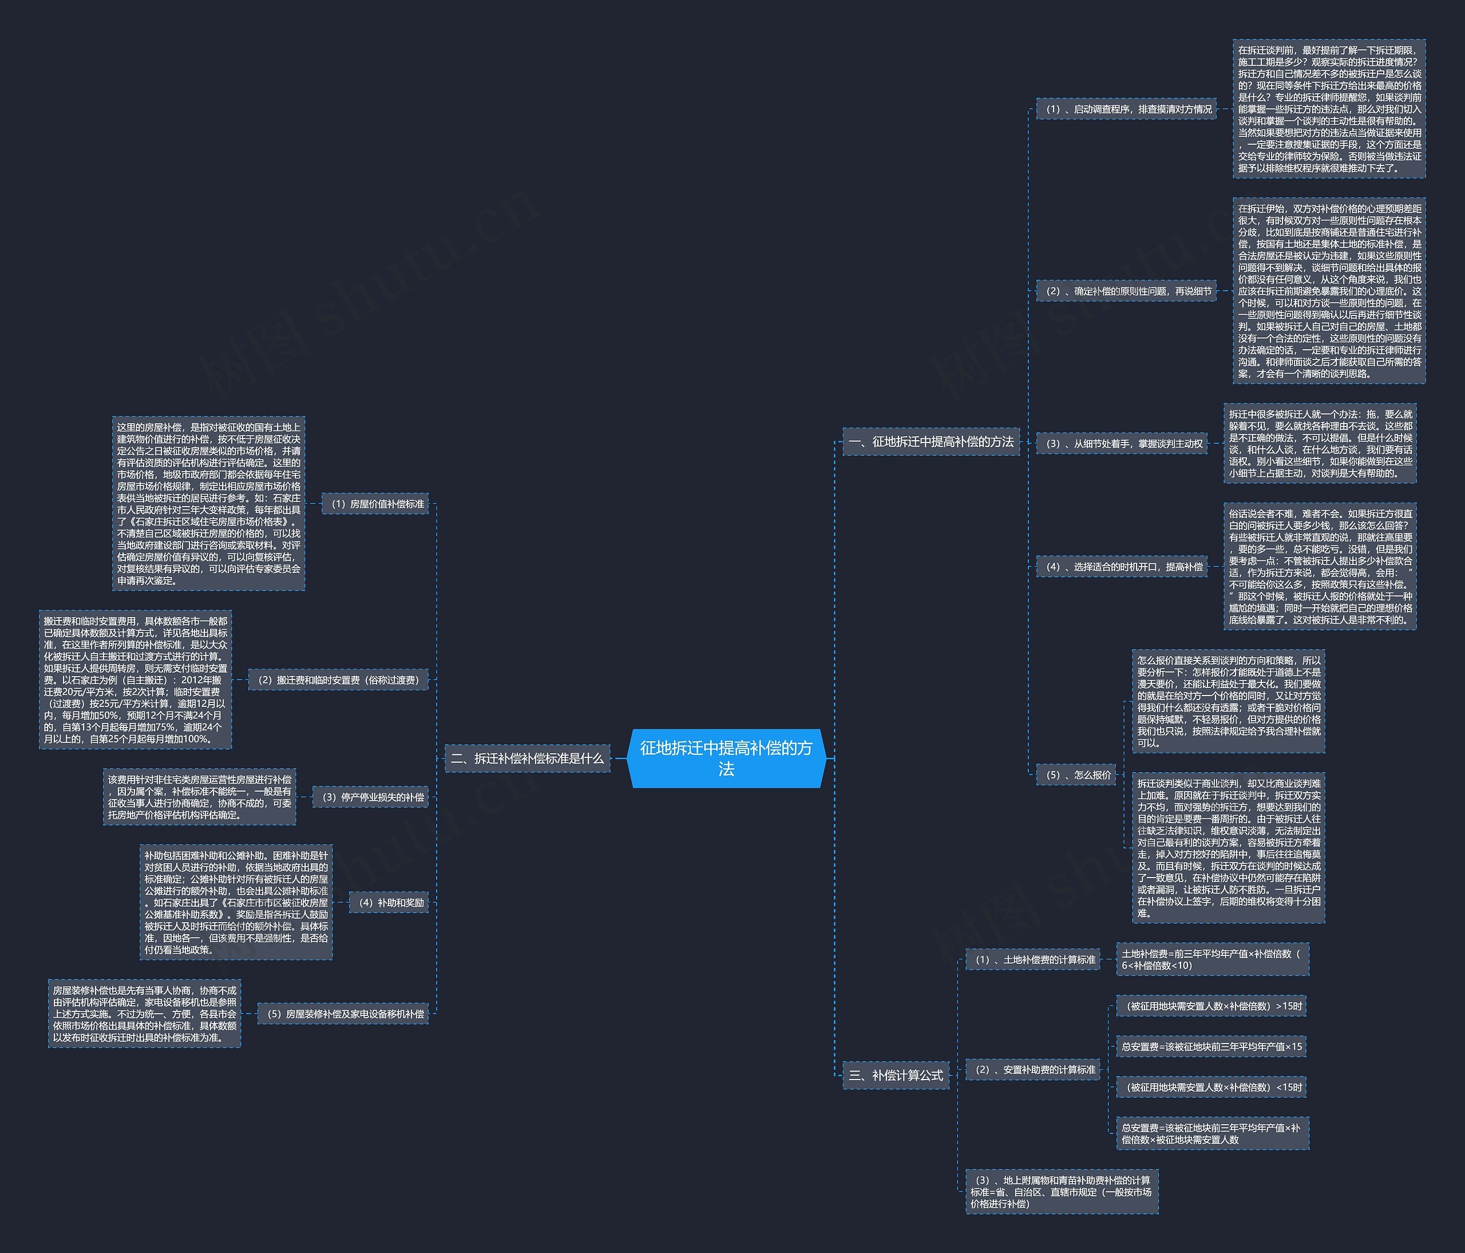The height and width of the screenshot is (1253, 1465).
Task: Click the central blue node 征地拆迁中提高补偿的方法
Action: [726, 758]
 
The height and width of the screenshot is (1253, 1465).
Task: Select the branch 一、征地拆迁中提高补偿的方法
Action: [931, 441]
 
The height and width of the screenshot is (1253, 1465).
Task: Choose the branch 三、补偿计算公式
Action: [895, 1075]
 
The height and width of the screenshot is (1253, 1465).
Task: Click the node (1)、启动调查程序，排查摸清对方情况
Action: [1126, 109]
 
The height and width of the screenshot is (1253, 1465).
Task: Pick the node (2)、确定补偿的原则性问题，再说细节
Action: [1126, 291]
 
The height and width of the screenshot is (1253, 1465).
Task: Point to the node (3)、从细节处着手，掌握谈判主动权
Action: [1122, 444]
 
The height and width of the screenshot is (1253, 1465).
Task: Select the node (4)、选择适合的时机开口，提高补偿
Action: [1122, 566]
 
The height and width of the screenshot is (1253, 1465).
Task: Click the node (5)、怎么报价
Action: [1075, 774]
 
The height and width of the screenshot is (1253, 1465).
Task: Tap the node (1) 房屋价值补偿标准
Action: [375, 504]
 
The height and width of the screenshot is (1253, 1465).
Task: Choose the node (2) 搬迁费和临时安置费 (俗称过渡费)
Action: [338, 679]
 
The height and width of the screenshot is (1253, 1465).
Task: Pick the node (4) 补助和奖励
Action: [389, 902]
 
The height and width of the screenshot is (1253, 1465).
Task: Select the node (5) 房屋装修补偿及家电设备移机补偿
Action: [343, 1013]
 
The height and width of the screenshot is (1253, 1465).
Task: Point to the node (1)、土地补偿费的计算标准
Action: [1032, 959]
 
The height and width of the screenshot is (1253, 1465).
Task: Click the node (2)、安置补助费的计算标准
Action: [1032, 1070]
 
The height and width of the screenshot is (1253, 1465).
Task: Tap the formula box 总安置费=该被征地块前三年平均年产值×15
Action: [1210, 1046]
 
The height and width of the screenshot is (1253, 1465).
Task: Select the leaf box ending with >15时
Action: [1210, 1006]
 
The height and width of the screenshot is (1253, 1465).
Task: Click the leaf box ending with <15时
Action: [1210, 1087]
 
